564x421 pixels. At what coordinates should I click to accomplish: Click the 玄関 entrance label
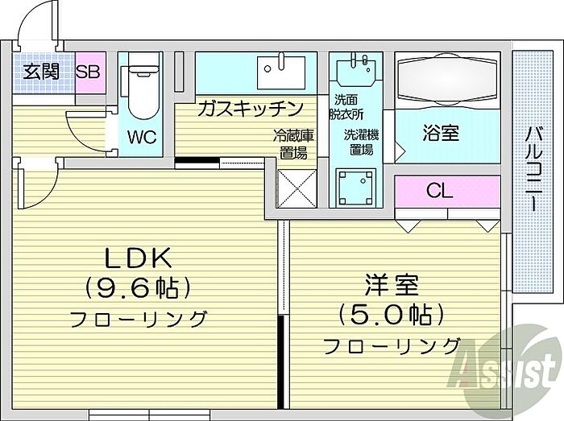(x=41, y=71)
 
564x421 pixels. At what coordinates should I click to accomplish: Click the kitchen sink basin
(x=281, y=73)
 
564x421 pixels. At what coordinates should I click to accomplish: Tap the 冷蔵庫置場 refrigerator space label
(x=292, y=144)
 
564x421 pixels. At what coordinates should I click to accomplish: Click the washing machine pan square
(x=358, y=188)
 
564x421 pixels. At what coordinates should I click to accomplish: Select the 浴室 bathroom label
(x=441, y=133)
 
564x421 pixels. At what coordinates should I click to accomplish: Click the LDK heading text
(x=137, y=258)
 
